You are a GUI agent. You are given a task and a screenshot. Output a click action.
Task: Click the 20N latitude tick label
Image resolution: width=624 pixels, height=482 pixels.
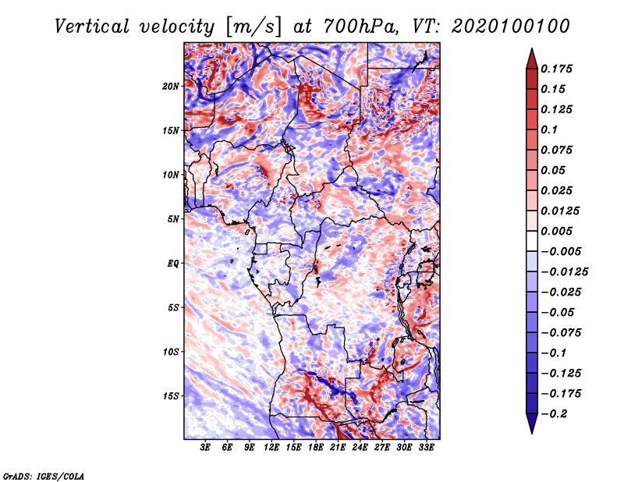coord(171,87)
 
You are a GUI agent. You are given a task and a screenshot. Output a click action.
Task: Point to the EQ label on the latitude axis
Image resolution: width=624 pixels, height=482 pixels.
coord(173,264)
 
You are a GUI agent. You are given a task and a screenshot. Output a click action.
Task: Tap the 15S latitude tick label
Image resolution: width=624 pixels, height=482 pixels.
coord(171,396)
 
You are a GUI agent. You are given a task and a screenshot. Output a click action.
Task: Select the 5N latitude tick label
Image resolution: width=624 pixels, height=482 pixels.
coord(173,219)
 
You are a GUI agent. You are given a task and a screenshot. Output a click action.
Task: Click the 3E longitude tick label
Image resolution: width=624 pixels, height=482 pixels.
coord(205,448)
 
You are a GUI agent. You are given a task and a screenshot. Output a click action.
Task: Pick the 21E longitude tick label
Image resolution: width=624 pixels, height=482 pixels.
coord(338,448)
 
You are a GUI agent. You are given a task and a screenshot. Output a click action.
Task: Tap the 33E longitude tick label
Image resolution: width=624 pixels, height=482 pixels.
coord(426,448)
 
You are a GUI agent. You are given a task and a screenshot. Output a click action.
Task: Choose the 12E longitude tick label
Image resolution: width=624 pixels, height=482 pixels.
coord(271,448)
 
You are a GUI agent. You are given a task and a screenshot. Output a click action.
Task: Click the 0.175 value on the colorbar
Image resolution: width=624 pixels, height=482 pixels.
coord(556,69)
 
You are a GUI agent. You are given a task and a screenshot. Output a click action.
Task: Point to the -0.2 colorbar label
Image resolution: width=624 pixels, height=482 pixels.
coord(554,414)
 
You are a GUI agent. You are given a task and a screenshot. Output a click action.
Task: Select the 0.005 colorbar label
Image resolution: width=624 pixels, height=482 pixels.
coord(556,231)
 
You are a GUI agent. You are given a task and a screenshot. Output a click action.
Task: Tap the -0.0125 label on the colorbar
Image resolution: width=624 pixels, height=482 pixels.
coord(564,272)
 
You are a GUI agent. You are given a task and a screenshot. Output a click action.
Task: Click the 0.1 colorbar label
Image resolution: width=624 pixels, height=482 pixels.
coord(549,129)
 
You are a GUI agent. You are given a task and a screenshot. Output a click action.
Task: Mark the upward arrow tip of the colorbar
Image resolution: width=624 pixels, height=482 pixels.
coord(532,48)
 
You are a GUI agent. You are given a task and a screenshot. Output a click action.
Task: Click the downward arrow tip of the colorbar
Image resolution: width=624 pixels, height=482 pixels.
coord(532,433)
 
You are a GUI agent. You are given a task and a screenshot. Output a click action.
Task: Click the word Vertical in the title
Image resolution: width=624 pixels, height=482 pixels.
coord(92,27)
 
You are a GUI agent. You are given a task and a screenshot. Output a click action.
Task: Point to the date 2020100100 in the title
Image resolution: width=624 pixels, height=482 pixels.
coord(511,27)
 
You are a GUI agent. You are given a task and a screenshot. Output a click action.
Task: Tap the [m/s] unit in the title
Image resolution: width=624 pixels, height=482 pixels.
coord(253,27)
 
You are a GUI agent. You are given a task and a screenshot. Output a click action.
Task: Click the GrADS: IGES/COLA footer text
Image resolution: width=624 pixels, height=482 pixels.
coord(44,477)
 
